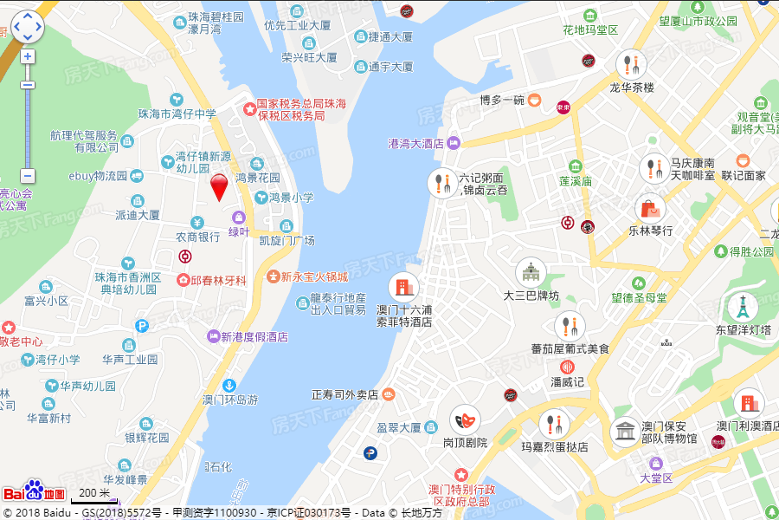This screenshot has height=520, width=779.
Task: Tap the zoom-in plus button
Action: point(28,56)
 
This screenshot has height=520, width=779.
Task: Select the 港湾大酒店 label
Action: point(416,143)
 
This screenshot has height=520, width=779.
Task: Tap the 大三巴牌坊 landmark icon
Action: point(531,273)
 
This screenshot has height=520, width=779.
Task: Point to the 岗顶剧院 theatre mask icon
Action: point(466,419)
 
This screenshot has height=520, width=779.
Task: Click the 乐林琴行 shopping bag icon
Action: point(650,208)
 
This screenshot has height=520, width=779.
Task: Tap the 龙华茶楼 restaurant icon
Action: point(631,64)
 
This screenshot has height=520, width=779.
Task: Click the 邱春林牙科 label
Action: point(212,281)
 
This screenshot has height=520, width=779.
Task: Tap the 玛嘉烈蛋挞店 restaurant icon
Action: point(553,425)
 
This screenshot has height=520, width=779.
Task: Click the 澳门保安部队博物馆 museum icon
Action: point(624,432)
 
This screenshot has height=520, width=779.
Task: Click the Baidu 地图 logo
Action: point(35,491)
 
